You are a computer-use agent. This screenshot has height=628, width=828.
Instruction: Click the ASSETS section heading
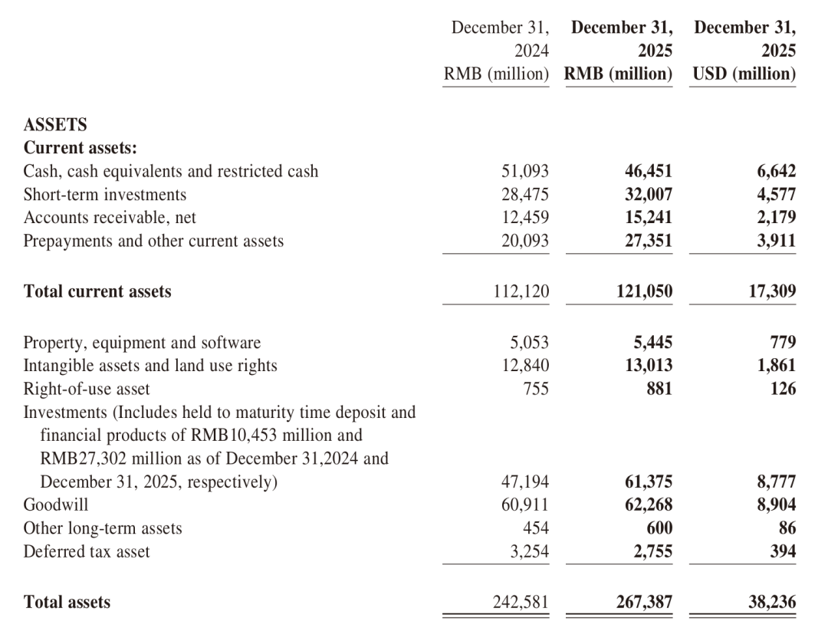[x=55, y=124]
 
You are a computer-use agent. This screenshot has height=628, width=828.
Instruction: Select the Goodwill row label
[x=56, y=505]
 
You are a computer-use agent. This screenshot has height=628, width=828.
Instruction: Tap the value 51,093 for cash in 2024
[x=525, y=172]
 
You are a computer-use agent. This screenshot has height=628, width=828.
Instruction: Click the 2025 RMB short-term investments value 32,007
[x=649, y=195]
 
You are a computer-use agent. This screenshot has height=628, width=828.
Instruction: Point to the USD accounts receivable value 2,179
[x=774, y=218]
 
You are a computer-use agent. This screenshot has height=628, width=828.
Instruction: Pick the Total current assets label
[x=97, y=291]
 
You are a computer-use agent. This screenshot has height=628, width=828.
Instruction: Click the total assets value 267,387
[x=644, y=603]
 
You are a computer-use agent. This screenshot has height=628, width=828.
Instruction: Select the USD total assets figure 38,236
[x=772, y=603]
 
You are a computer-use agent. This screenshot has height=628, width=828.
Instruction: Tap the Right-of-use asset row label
[x=87, y=389]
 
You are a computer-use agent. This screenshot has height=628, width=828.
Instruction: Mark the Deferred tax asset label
[x=87, y=551]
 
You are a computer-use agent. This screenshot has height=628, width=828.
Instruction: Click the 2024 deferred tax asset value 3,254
[x=529, y=551]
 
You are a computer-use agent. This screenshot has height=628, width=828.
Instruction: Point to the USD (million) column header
[x=744, y=74]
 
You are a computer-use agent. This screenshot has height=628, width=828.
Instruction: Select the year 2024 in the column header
[x=532, y=51]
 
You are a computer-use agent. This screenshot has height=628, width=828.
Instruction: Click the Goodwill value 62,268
[x=649, y=505]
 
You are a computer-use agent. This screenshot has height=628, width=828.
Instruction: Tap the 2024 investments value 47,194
[x=525, y=482]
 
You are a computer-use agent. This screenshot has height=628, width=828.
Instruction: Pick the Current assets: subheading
[x=80, y=148]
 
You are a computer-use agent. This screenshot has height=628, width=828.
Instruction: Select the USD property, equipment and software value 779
[x=782, y=343]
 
